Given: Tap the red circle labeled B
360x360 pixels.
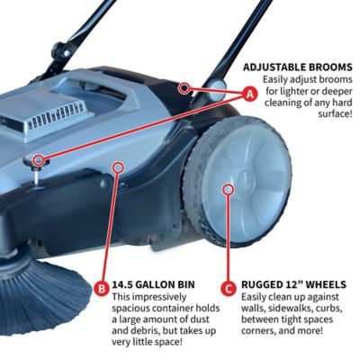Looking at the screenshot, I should coord(102,289).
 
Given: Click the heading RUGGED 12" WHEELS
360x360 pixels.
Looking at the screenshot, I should coord(293,283).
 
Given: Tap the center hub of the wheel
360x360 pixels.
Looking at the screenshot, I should coord(229,190).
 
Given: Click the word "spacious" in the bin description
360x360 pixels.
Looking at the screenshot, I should coord(136,310).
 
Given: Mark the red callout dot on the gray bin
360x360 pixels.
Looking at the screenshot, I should coord(117,166).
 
